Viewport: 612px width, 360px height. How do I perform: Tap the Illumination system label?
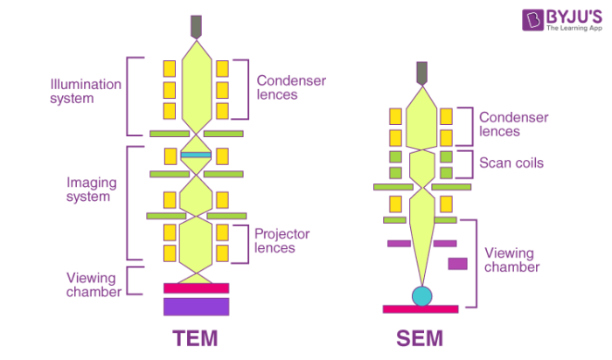pyautogui.click(x=86, y=92)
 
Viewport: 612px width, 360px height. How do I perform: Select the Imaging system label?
pyautogui.click(x=89, y=190)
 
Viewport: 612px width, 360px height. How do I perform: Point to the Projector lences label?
pyautogui.click(x=283, y=241)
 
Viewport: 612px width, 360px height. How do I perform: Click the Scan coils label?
pyautogui.click(x=511, y=163)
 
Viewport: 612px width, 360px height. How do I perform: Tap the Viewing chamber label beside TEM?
pyautogui.click(x=93, y=285)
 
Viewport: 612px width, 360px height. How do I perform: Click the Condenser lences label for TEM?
pyautogui.click(x=291, y=88)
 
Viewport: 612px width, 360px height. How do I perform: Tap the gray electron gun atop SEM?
pyautogui.click(x=422, y=73)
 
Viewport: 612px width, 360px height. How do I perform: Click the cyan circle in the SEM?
pyautogui.click(x=422, y=295)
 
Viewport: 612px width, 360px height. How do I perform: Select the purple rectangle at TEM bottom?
pyautogui.click(x=196, y=307)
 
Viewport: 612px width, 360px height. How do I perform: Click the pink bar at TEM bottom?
pyautogui.click(x=196, y=287)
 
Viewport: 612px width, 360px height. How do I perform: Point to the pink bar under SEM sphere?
pyautogui.click(x=421, y=308)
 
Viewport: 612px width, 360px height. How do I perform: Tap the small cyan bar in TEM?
pyautogui.click(x=195, y=155)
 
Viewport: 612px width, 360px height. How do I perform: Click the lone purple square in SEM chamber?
pyautogui.click(x=457, y=263)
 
